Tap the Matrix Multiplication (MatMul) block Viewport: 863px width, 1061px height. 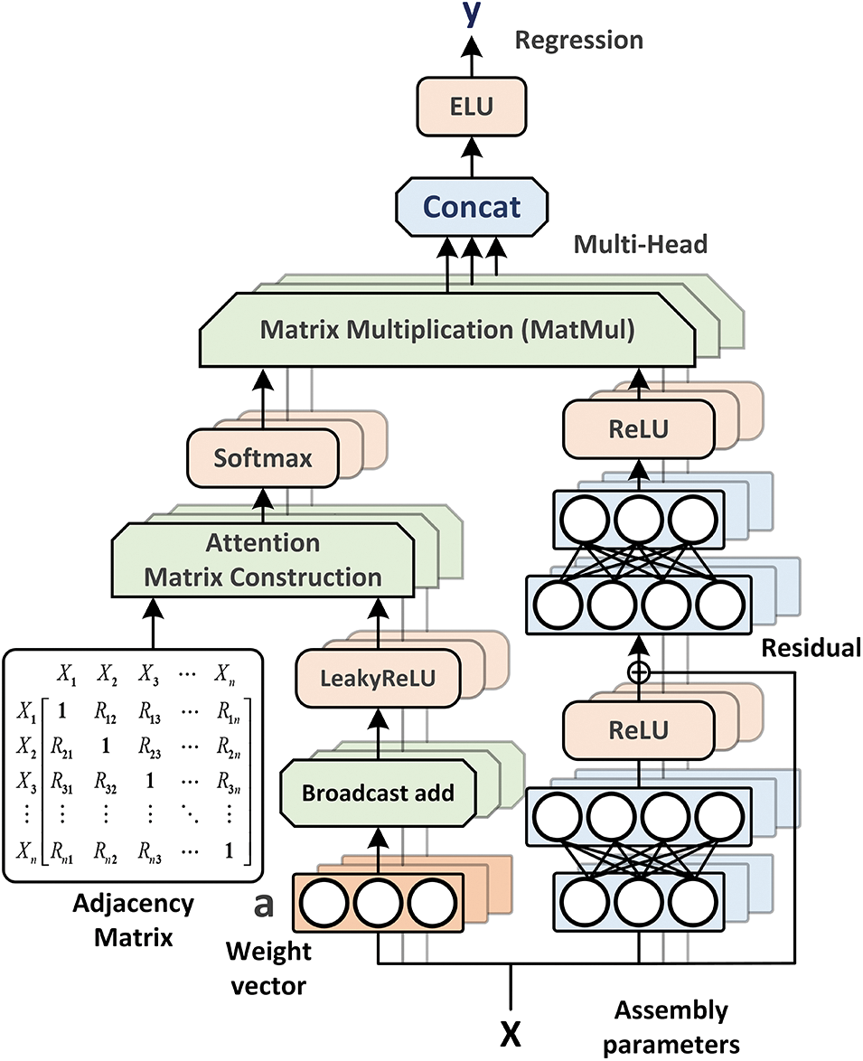point(447,331)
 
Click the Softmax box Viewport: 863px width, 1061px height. point(263,458)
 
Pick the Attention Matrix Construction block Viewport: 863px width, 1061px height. point(262,560)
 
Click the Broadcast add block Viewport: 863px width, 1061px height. point(377,793)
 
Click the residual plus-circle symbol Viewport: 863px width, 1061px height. point(639,671)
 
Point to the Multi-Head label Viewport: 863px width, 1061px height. point(640,244)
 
